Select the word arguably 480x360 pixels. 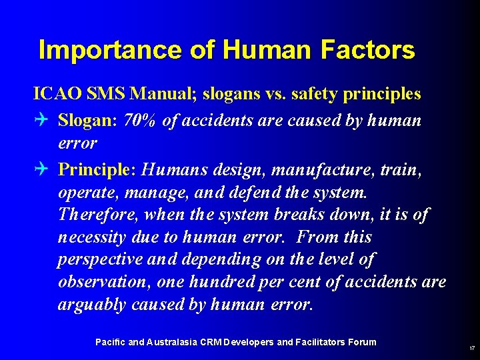[91, 305]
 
